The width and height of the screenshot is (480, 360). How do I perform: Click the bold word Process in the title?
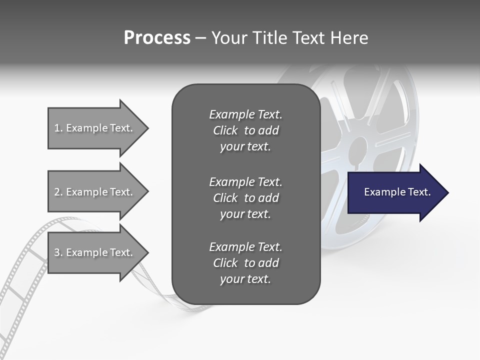click(157, 38)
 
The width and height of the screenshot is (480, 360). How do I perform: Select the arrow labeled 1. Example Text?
click(95, 128)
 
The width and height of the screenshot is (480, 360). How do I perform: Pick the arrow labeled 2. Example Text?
click(95, 192)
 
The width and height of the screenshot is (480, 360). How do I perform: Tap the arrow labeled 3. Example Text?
click(95, 252)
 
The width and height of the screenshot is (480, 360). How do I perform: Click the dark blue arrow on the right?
click(395, 192)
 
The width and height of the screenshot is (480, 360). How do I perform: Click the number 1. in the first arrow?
click(58, 128)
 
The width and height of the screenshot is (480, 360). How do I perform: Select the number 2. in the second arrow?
click(58, 192)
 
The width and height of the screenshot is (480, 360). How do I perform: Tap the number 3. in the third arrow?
click(58, 252)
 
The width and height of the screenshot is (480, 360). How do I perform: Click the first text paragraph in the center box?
click(245, 130)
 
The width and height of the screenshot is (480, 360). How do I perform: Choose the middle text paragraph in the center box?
click(245, 198)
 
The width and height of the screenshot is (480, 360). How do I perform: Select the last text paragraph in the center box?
click(245, 263)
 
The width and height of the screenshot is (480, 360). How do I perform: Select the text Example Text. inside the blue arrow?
click(397, 192)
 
